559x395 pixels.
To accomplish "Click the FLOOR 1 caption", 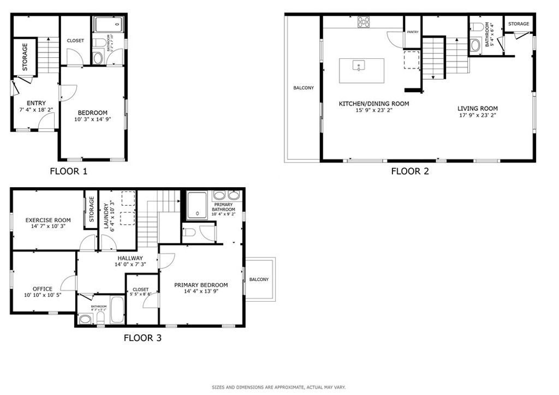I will (68, 171).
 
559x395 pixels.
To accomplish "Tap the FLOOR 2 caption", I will (410, 171).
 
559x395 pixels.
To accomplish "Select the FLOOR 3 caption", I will (142, 338).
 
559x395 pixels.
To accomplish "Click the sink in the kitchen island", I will (359, 66).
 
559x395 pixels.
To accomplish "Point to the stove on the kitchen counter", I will (364, 22).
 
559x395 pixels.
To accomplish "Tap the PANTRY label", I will (413, 32).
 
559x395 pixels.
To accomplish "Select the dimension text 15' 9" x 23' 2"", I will (374, 110).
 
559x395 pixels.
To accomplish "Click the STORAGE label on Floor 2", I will (519, 24).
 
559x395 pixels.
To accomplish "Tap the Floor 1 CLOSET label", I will (75, 41).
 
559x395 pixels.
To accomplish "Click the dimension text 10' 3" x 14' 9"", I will (92, 119).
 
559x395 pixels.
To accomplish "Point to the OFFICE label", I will (42, 289).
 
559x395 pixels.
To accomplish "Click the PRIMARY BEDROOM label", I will (201, 285).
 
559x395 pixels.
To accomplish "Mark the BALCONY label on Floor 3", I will (259, 280).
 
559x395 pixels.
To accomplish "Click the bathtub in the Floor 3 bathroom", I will (117, 311).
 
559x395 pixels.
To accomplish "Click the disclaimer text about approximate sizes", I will (278, 387).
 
